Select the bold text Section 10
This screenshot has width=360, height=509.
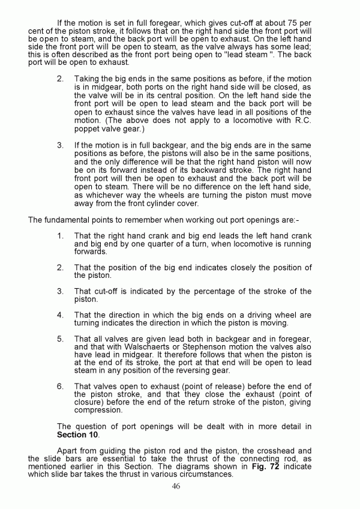(78, 434)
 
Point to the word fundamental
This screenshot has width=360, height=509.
(64, 220)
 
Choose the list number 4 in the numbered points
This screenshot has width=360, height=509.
(61, 315)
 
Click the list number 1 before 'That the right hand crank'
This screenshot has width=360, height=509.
(61, 236)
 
